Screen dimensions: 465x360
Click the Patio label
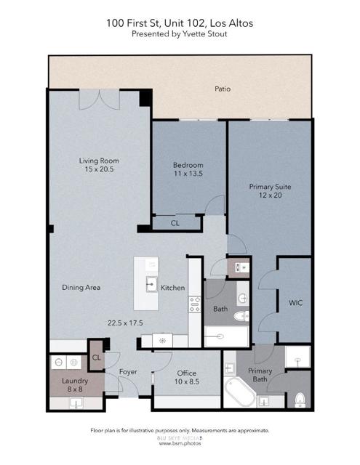click(223, 89)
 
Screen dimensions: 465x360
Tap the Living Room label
click(99, 161)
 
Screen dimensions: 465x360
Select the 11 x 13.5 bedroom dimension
click(187, 174)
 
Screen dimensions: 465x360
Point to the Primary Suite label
click(270, 187)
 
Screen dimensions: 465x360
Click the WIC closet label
click(295, 302)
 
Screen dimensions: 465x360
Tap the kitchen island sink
click(152, 283)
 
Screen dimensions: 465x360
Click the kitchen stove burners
click(194, 304)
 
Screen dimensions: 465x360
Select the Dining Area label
click(81, 287)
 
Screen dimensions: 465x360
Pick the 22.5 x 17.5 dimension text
click(124, 323)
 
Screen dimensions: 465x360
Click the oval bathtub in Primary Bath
click(239, 392)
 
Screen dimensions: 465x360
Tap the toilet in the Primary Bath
click(299, 399)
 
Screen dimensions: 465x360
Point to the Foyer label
click(128, 373)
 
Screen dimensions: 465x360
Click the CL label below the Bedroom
click(175, 224)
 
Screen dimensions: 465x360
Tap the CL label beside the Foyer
click(97, 357)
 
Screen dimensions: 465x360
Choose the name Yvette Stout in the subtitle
click(204, 33)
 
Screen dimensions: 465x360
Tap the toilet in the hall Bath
click(246, 315)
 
